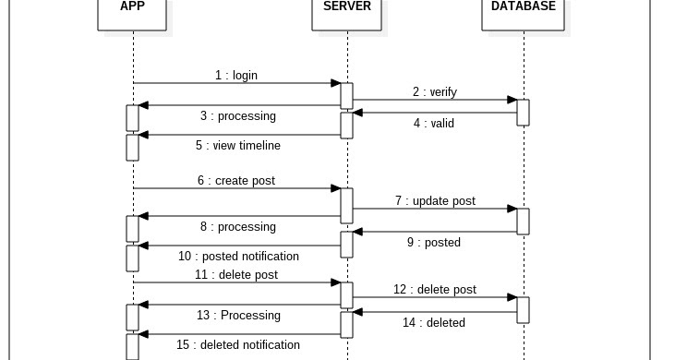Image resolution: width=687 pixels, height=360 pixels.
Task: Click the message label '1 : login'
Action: pyautogui.click(x=236, y=76)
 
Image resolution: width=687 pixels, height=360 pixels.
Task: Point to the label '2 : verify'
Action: pyautogui.click(x=434, y=92)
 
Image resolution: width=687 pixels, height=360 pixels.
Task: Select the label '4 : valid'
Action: pyautogui.click(x=433, y=123)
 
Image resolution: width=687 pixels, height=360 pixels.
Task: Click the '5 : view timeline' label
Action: pyautogui.click(x=237, y=146)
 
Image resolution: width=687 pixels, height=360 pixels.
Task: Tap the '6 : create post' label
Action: pyautogui.click(x=235, y=181)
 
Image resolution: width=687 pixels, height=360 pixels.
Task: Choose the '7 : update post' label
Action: pyautogui.click(x=434, y=201)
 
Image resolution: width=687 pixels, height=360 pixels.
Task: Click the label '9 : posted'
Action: pyautogui.click(x=433, y=243)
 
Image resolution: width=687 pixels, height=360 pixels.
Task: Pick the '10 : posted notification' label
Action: pyautogui.click(x=238, y=257)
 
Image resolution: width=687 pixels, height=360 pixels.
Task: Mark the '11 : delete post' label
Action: pyautogui.click(x=235, y=275)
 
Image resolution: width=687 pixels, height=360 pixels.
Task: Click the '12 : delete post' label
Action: pyautogui.click(x=434, y=290)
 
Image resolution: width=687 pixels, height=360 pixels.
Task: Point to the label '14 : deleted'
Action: pyautogui.click(x=433, y=323)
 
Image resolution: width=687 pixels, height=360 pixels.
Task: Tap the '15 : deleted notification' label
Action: pyautogui.click(x=238, y=345)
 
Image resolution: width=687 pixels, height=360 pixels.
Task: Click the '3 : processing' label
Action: pyautogui.click(x=237, y=116)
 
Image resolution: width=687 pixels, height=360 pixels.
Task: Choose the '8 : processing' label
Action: pyautogui.click(x=237, y=227)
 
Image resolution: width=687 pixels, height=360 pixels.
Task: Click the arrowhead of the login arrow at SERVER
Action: pyautogui.click(x=337, y=83)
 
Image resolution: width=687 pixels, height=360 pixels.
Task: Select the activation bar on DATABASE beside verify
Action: pyautogui.click(x=523, y=112)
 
